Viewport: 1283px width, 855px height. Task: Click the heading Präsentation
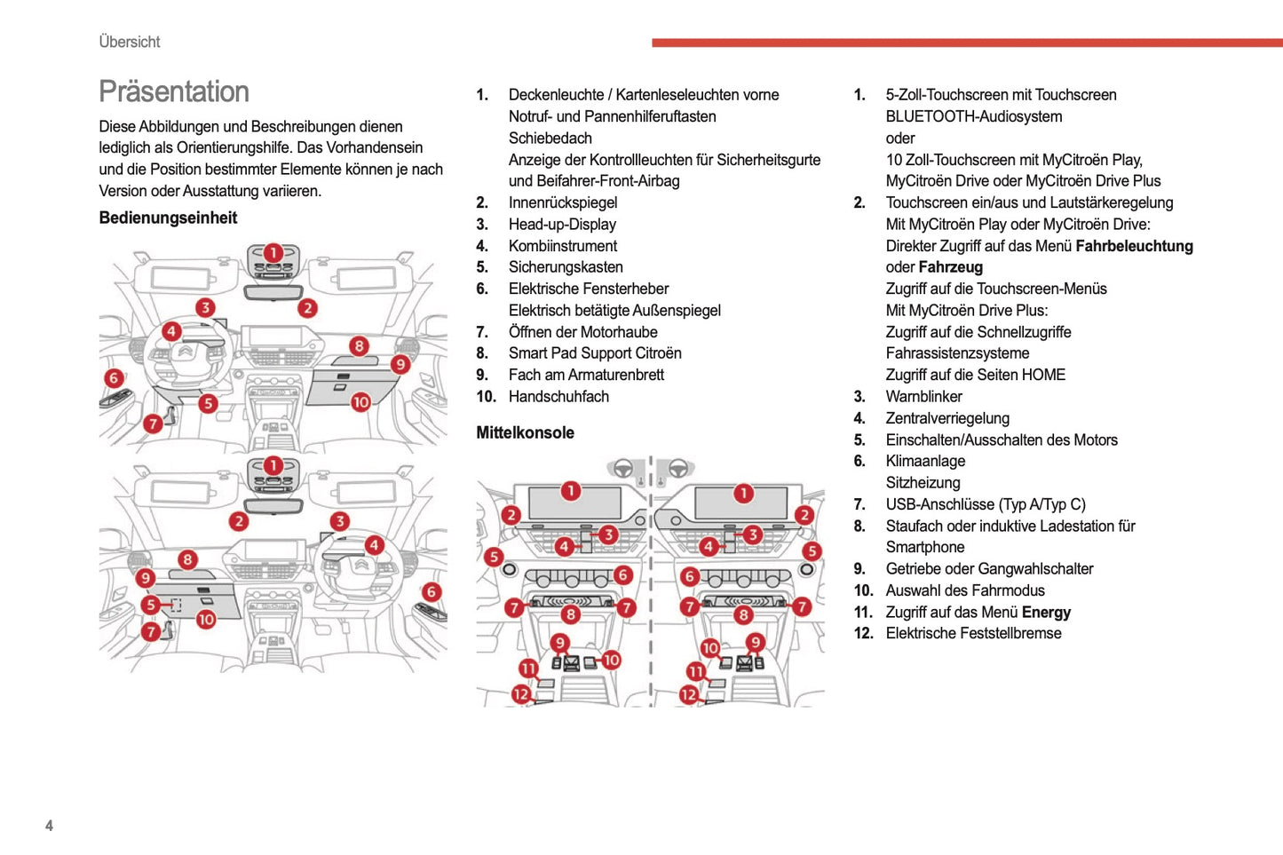pyautogui.click(x=174, y=91)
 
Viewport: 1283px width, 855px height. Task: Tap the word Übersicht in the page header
pyautogui.click(x=130, y=42)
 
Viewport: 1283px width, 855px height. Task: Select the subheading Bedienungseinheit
pyautogui.click(x=168, y=218)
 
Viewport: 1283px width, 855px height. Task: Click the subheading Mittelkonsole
pyautogui.click(x=525, y=432)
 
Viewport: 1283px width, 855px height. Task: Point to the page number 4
pyautogui.click(x=49, y=826)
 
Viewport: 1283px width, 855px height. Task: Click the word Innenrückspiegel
pyautogui.click(x=562, y=202)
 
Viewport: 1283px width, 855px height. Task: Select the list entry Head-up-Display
pyautogui.click(x=562, y=224)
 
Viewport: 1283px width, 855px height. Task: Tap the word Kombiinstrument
pyautogui.click(x=562, y=246)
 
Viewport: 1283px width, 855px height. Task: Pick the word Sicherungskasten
pyautogui.click(x=566, y=267)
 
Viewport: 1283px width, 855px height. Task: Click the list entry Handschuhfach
pyautogui.click(x=558, y=397)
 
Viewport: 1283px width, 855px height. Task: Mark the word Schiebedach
pyautogui.click(x=550, y=138)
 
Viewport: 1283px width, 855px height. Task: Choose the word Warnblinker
pyautogui.click(x=923, y=397)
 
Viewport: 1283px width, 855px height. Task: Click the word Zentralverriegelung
pyautogui.click(x=947, y=418)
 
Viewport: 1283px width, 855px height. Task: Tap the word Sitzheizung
pyautogui.click(x=923, y=483)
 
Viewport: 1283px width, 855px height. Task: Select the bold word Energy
pyautogui.click(x=1046, y=613)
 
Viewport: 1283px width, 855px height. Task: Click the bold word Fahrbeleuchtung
pyautogui.click(x=1134, y=246)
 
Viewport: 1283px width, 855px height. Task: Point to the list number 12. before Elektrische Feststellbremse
pyautogui.click(x=863, y=634)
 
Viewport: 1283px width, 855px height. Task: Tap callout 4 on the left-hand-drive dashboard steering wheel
pyautogui.click(x=171, y=332)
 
